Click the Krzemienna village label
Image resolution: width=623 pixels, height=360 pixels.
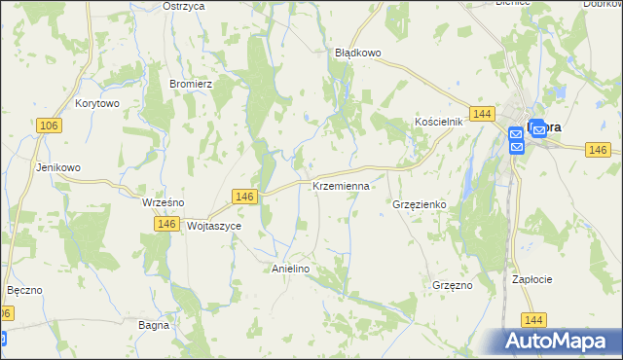[x=341, y=185]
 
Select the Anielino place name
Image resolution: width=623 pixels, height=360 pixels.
[x=290, y=268]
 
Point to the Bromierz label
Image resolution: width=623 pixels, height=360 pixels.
[x=191, y=84]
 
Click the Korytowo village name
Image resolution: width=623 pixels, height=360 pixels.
[x=96, y=103]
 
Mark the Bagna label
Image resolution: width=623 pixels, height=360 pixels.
[x=154, y=325]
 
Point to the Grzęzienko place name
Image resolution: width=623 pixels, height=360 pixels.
[x=419, y=205]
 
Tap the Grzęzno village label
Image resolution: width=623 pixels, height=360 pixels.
[x=452, y=285]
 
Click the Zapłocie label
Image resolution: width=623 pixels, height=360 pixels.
[x=532, y=279]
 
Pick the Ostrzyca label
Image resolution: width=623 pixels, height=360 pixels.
[x=184, y=6]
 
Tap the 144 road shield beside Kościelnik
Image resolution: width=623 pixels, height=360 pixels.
[x=481, y=114]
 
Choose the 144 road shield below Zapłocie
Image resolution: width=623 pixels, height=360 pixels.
[x=532, y=319]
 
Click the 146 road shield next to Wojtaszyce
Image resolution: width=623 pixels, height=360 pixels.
[x=165, y=224]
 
